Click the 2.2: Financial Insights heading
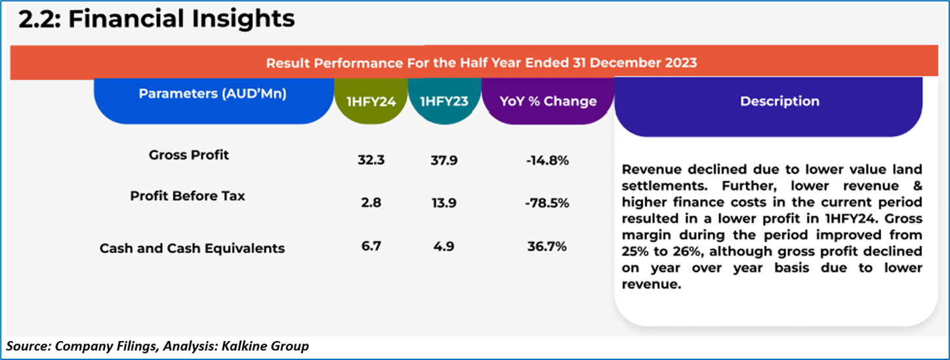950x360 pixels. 156,20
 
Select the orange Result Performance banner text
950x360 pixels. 481,63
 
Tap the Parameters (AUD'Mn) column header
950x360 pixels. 213,94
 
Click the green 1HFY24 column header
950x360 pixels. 371,101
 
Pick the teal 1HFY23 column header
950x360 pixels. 444,101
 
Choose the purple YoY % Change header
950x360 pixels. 547,101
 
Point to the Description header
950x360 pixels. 779,101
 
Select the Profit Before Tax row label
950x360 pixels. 188,195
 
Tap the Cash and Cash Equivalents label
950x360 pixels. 192,249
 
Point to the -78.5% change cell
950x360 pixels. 547,203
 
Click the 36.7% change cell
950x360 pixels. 547,247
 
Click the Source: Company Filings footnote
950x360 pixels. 157,345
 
